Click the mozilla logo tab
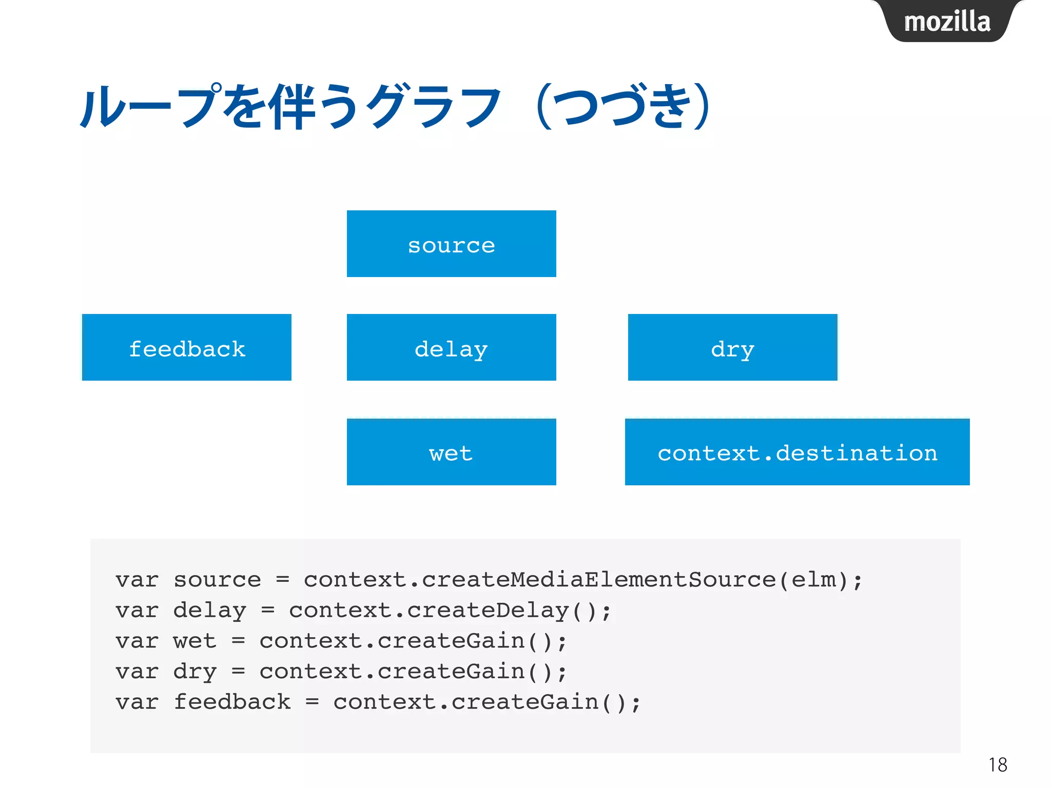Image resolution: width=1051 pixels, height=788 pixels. pyautogui.click(x=947, y=22)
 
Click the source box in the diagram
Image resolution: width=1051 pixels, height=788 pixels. pyautogui.click(x=451, y=244)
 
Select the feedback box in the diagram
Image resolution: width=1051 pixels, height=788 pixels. pyautogui.click(x=186, y=348)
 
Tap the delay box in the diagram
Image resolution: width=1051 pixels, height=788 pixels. pyautogui.click(x=451, y=348)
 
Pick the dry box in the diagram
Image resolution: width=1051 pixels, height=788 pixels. pyautogui.click(x=732, y=348)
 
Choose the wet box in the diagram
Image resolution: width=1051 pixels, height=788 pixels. pyautogui.click(x=451, y=452)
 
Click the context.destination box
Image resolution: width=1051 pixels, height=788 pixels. pyautogui.click(x=797, y=452)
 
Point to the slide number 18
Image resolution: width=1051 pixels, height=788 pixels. pyautogui.click(x=998, y=764)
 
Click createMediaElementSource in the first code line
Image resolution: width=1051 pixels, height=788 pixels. pyautogui.click(x=598, y=580)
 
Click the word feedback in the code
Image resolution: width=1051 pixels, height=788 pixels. pyautogui.click(x=232, y=702)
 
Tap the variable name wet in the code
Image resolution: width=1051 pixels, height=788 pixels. pyautogui.click(x=195, y=641)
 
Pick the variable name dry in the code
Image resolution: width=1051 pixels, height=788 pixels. pyautogui.click(x=195, y=672)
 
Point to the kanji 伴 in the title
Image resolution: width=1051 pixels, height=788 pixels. pyautogui.click(x=294, y=107)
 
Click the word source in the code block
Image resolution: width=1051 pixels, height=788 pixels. pyautogui.click(x=217, y=580)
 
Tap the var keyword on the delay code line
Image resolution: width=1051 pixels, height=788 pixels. pyautogui.click(x=137, y=610)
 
